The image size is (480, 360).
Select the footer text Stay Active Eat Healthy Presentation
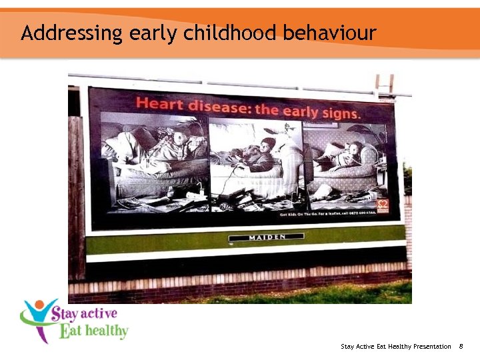(396, 347)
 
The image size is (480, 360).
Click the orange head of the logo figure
(41, 306)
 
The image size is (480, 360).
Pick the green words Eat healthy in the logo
(93, 331)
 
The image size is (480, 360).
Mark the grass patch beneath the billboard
(347, 293)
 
